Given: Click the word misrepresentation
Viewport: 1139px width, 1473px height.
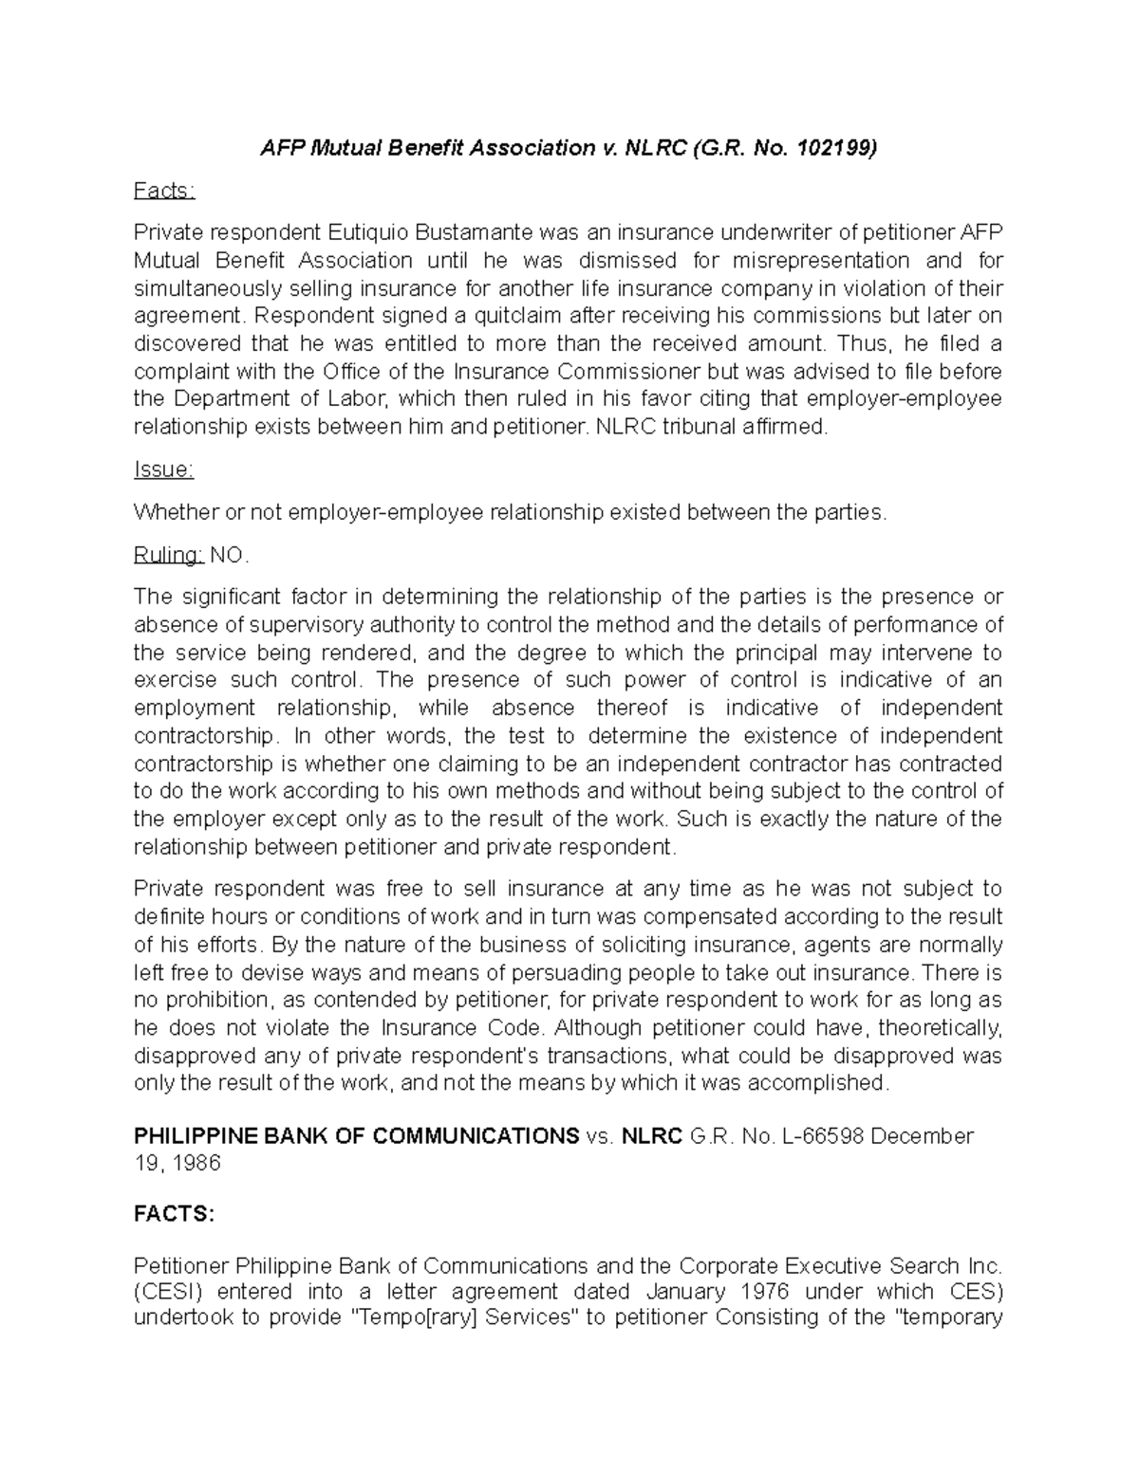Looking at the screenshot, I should [807, 260].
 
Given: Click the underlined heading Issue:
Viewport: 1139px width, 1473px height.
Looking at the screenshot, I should [163, 470].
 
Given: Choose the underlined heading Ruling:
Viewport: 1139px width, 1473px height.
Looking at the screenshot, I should [169, 555].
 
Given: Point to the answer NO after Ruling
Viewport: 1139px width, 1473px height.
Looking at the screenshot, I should [226, 555].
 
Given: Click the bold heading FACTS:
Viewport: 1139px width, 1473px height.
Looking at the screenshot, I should [175, 1215].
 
